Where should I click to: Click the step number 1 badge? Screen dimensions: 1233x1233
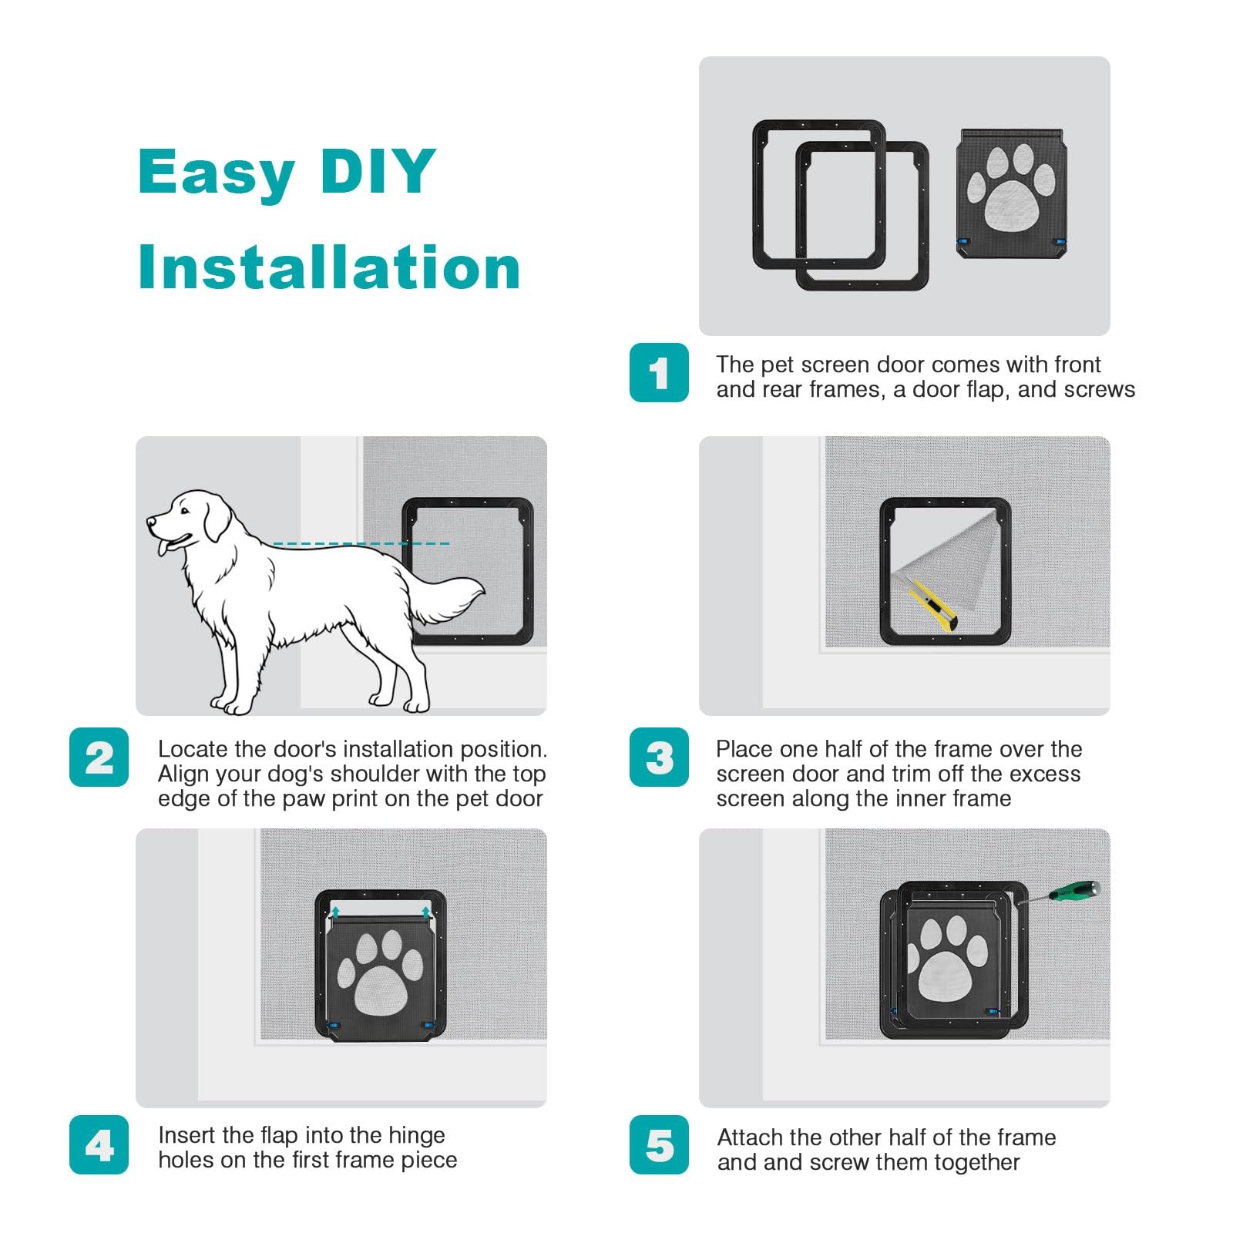[x=659, y=373]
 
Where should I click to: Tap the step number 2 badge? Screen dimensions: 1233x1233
[x=99, y=758]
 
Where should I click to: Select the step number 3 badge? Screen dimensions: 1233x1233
[x=659, y=758]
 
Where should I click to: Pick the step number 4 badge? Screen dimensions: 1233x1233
[x=99, y=1145]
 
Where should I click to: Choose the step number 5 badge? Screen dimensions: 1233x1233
[x=659, y=1145]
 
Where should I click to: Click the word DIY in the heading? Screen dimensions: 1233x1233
[x=378, y=170]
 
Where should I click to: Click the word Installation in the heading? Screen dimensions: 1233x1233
[x=329, y=267]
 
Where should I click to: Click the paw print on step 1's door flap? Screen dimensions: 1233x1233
[x=1011, y=187]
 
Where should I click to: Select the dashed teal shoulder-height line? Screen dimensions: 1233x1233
[x=361, y=544]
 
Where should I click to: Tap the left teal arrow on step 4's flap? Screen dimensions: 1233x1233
[x=335, y=913]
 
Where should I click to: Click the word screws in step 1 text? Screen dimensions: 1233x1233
[x=1099, y=390]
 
